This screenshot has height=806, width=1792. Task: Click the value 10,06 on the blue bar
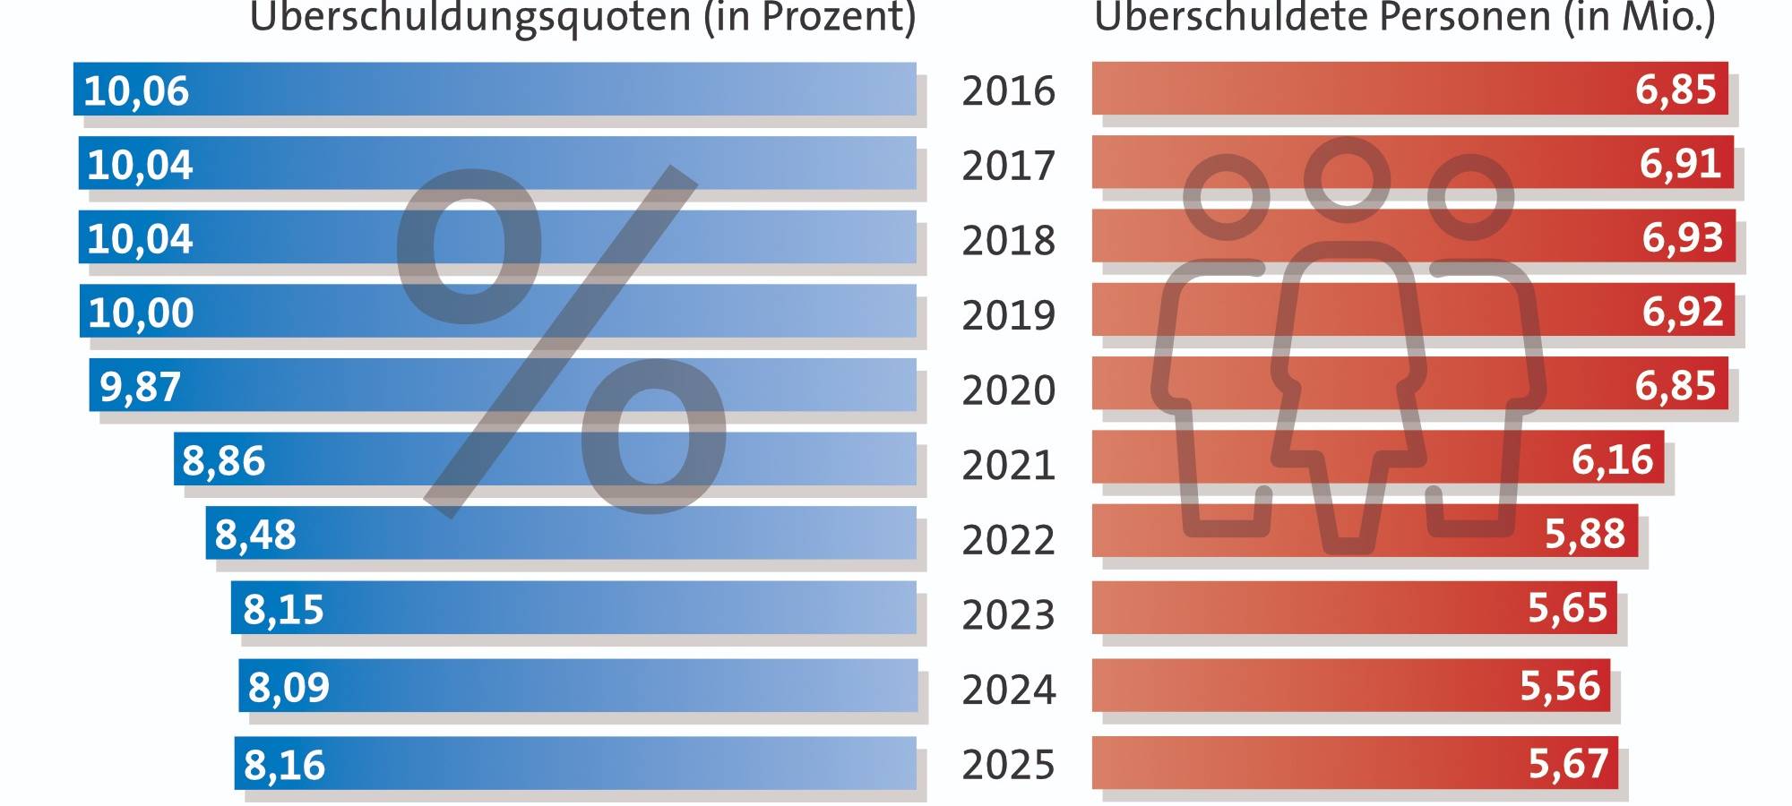click(x=136, y=91)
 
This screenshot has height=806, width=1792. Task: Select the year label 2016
click(x=1008, y=91)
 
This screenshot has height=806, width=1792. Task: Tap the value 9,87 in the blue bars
click(x=140, y=387)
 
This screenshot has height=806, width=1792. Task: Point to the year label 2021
click(x=1008, y=466)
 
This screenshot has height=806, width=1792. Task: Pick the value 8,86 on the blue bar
click(x=223, y=461)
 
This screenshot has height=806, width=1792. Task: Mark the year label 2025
click(x=1008, y=765)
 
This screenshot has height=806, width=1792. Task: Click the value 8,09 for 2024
click(x=289, y=688)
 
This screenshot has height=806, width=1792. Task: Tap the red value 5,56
click(x=1559, y=687)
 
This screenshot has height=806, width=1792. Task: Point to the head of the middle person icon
click(x=1346, y=180)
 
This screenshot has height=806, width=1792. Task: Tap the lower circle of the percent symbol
click(x=653, y=436)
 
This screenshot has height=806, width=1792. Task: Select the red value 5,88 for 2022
click(x=1584, y=535)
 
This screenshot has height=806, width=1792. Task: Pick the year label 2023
click(x=1008, y=615)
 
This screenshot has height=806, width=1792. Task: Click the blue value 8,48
click(x=254, y=536)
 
